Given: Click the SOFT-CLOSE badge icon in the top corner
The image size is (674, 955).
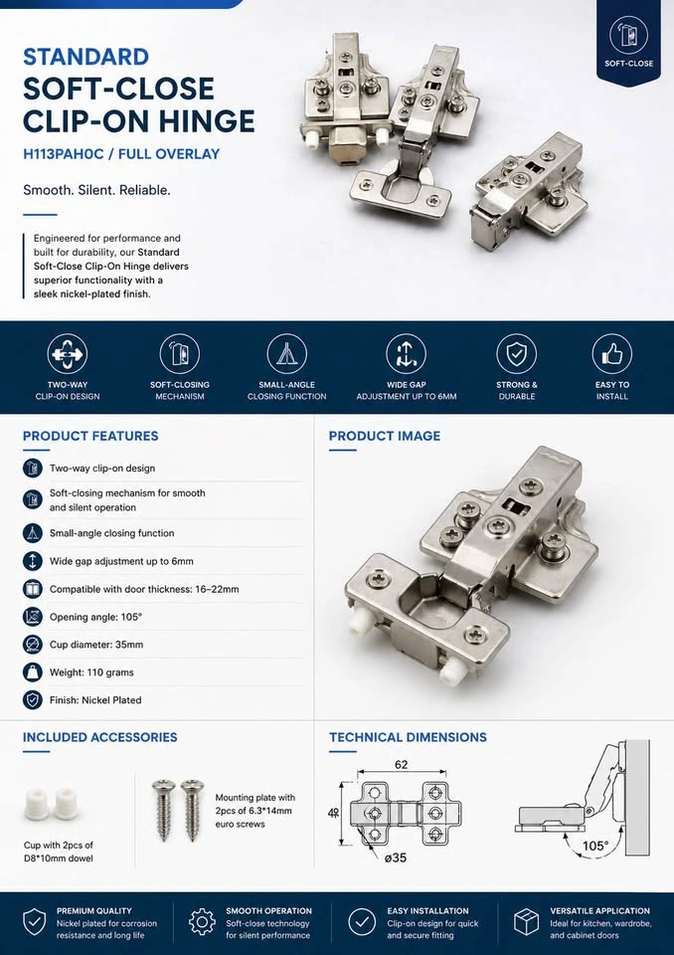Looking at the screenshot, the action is [x=628, y=36].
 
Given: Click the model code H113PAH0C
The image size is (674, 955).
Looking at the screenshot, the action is [x=64, y=154].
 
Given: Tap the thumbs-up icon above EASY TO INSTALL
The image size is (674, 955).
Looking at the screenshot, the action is [x=612, y=354].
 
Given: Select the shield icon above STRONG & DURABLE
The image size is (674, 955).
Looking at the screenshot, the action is [x=516, y=354].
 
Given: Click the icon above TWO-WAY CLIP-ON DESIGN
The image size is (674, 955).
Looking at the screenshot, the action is [x=67, y=354].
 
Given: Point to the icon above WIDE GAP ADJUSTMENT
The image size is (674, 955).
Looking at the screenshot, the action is [x=407, y=354].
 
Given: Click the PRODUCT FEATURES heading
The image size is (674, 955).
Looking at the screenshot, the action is [x=90, y=436].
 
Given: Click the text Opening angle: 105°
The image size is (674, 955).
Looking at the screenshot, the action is [x=96, y=617].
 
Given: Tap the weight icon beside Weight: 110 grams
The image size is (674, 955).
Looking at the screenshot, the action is [x=32, y=672].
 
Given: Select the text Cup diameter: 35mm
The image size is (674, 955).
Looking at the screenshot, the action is [x=96, y=645].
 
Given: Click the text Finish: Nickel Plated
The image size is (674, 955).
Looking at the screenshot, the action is [x=95, y=700].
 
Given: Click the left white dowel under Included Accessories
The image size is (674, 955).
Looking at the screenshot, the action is [x=39, y=804].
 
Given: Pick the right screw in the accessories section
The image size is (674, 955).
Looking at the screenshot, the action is [x=193, y=810].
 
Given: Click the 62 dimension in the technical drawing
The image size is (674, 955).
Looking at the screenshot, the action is [x=402, y=764].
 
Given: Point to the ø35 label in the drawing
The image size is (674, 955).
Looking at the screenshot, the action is [x=396, y=858].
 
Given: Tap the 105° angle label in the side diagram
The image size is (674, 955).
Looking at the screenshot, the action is [x=594, y=846].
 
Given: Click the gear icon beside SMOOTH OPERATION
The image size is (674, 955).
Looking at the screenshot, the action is [x=202, y=922].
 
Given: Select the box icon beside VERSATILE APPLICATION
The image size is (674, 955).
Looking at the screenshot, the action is [x=527, y=922].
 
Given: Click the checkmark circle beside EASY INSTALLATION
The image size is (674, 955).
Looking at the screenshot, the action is [x=362, y=922].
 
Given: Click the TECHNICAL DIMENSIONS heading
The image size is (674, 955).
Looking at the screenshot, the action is [x=408, y=737].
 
